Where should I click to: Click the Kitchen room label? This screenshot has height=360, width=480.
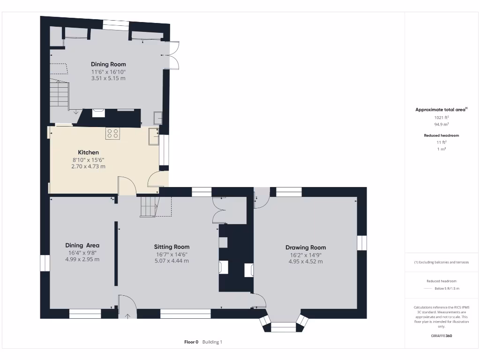(x=88, y=152)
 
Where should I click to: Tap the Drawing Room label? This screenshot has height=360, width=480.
(x=306, y=247)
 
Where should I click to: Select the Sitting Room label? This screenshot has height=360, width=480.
(x=172, y=247)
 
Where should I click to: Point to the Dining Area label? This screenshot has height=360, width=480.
(x=82, y=245)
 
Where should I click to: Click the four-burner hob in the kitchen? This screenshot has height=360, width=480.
(x=112, y=133)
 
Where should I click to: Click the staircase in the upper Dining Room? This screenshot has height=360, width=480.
(x=60, y=93)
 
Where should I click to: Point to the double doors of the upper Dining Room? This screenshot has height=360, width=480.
(x=172, y=55)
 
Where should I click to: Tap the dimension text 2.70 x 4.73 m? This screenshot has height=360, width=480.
(x=88, y=166)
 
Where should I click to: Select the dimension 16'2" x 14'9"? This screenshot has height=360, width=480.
(x=306, y=255)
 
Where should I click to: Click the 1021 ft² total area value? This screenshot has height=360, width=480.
(x=441, y=117)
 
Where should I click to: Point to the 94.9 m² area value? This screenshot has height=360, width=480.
(x=441, y=125)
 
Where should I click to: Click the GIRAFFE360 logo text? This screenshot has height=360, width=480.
(x=441, y=336)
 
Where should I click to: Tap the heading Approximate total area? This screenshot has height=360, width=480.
(x=441, y=110)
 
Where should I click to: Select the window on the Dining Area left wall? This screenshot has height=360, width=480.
(x=45, y=262)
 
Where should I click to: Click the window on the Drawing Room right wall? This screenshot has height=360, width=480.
(x=362, y=243)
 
